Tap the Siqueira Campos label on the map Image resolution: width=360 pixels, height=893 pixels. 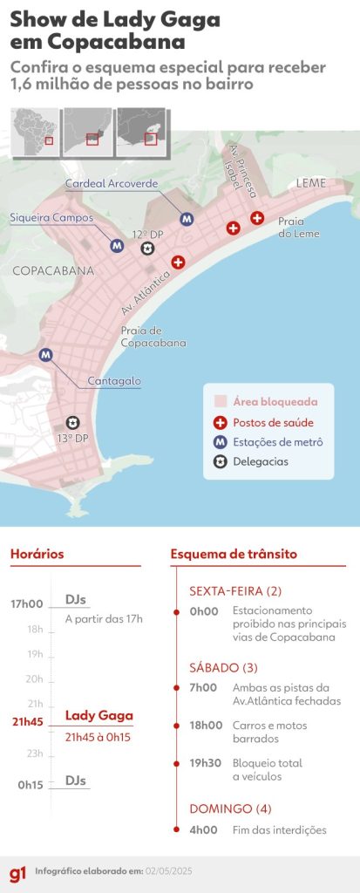pos(51,217)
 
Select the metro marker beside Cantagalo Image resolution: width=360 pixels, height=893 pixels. pos(46,354)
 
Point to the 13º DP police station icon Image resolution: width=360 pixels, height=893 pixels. pos(72,422)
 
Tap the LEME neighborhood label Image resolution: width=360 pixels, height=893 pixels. pos(311,183)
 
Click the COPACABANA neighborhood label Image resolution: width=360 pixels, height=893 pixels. pos(53,271)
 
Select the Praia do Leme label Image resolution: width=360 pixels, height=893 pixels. pos(299,228)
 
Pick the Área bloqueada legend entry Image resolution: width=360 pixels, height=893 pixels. pos(274,402)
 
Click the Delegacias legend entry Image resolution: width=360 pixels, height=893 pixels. pos(260,461)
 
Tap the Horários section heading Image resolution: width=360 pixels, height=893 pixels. pos(37,554)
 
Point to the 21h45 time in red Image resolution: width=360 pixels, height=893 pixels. pos(28,722)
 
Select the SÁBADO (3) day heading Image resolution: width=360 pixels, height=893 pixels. pos(223,668)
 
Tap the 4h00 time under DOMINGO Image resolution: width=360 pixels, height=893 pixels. pos(204,830)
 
